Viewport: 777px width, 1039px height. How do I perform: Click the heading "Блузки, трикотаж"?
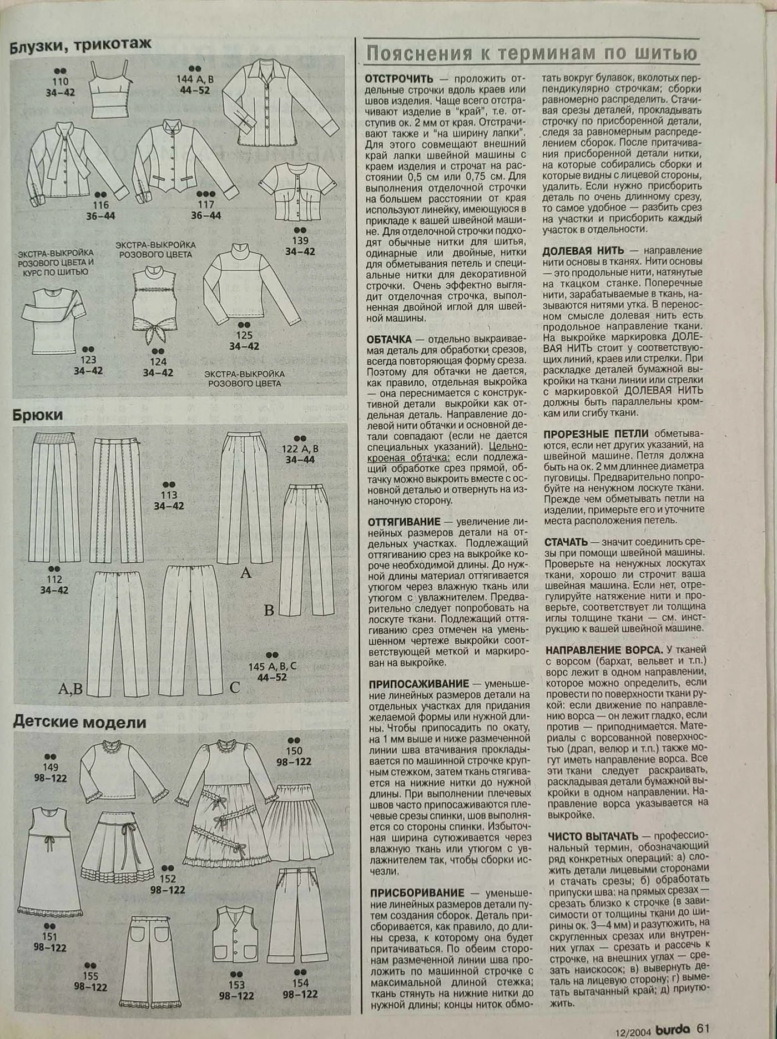click(x=80, y=45)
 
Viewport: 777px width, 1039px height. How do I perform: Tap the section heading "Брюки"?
click(x=38, y=415)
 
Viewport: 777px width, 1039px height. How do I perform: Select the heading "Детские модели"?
click(x=80, y=722)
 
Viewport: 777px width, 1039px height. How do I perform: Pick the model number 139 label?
click(x=300, y=240)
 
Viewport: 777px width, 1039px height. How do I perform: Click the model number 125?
click(x=244, y=335)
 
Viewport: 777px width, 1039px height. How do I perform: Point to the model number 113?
click(x=169, y=495)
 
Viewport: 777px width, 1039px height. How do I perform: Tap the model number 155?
click(x=90, y=976)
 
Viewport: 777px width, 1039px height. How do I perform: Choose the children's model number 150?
click(x=294, y=750)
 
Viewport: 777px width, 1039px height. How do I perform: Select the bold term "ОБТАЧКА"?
click(x=389, y=339)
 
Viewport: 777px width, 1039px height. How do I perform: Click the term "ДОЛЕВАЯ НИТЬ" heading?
click(x=583, y=250)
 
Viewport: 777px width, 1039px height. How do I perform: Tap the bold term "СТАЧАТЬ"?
click(x=566, y=542)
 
